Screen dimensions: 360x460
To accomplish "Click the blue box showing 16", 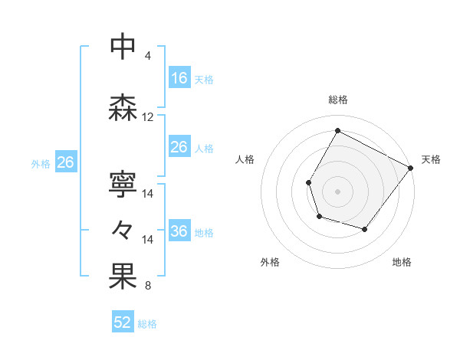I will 179,78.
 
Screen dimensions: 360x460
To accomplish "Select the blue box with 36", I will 179,232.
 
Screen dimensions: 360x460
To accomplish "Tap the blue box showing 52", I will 123,322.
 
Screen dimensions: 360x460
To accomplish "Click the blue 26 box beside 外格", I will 66,162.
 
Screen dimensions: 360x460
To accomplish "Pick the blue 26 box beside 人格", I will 179,147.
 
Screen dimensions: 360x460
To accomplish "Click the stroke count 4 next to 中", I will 148,55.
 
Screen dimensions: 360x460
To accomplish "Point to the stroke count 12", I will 148,117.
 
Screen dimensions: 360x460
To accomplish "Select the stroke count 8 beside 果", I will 148,286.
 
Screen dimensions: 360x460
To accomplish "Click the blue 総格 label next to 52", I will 147,324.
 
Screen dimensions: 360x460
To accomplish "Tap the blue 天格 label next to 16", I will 204,79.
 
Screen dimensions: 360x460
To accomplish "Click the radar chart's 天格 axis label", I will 431,159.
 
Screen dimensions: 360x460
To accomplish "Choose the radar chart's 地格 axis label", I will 402,262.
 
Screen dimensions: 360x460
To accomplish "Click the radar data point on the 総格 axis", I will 337,130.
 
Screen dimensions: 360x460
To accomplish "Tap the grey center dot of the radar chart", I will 337,191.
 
